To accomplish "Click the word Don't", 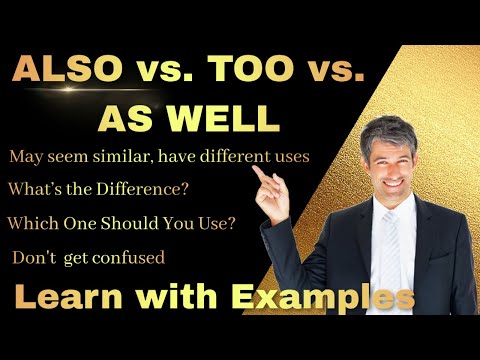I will [x=32, y=258].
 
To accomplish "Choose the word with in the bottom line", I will [x=179, y=298].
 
